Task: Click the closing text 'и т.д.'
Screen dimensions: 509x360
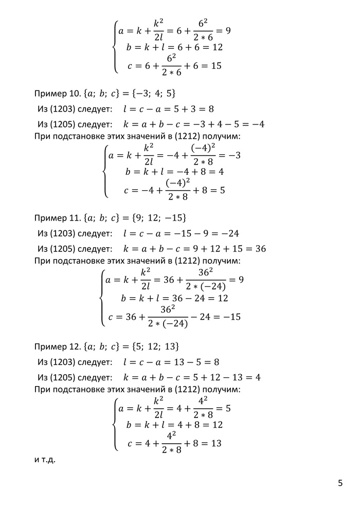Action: click(45, 459)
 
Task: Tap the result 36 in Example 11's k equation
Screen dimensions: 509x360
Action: click(260, 249)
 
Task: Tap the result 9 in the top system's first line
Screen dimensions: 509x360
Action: click(228, 30)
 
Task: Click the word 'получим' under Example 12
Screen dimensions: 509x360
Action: click(225, 389)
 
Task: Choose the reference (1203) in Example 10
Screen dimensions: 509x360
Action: click(63, 109)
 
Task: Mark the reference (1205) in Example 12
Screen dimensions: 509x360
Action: click(63, 378)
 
